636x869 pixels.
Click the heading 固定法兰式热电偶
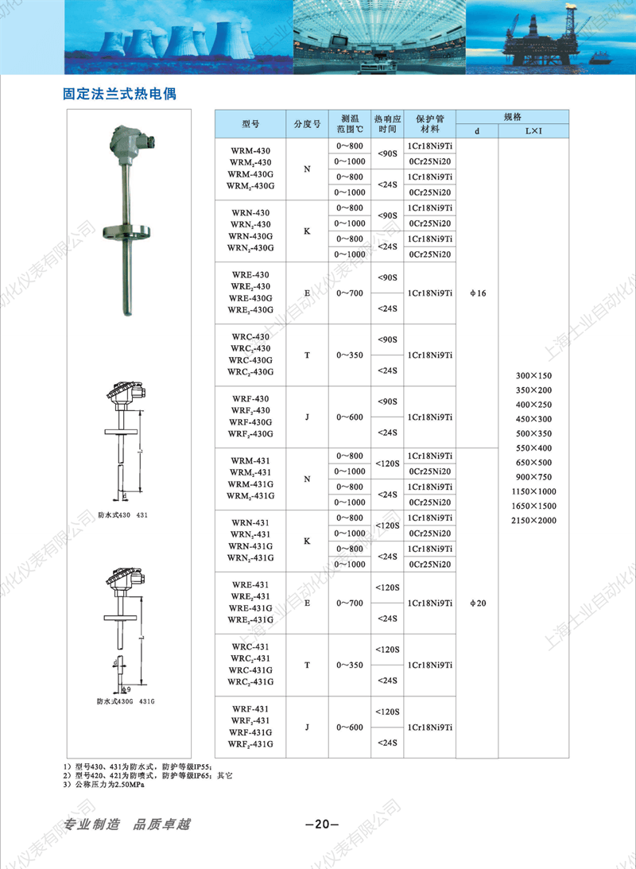coord(119,93)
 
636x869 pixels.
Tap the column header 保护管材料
coord(429,123)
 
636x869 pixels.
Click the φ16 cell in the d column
coord(478,293)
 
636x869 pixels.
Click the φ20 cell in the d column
coord(478,603)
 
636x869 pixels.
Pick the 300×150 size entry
coord(533,375)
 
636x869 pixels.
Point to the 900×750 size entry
coord(533,477)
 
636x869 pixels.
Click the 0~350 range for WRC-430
coord(350,355)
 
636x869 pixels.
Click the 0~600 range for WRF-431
coord(350,727)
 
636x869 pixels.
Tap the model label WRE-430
coord(250,275)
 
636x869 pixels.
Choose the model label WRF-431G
coord(252,732)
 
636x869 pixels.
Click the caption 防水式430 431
coord(122,515)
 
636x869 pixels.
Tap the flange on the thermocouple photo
coord(127,231)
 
